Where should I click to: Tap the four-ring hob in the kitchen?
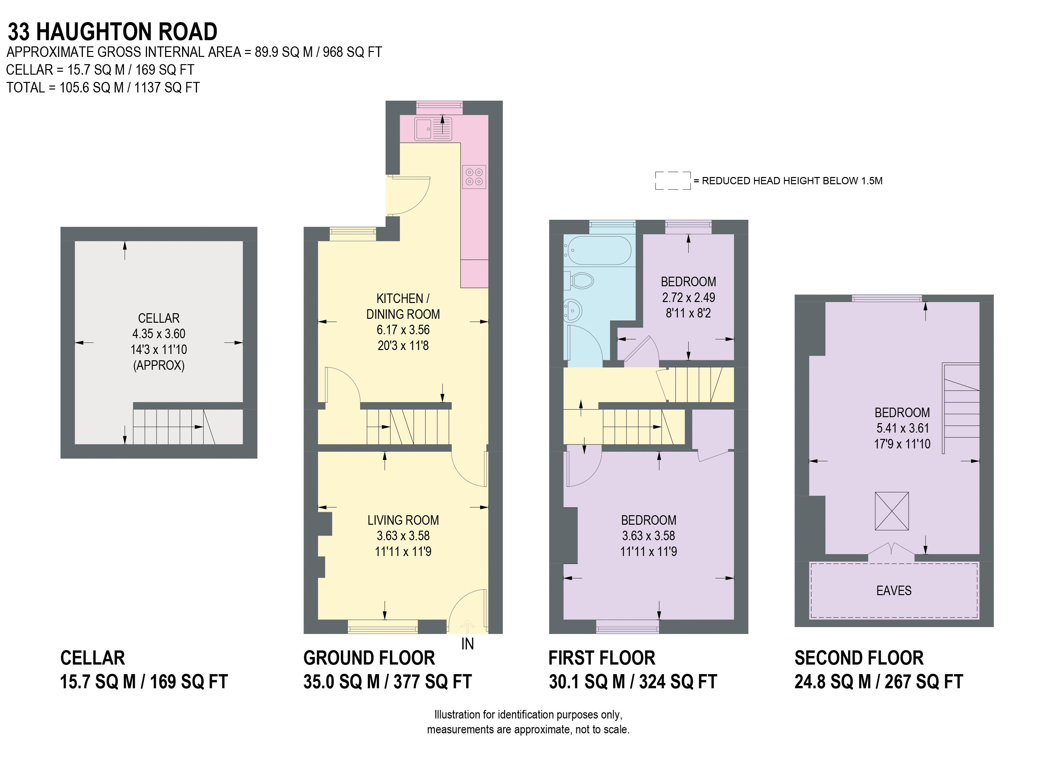coord(474,177)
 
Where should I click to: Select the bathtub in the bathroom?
coord(598,250)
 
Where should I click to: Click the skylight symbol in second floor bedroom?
coord(891,511)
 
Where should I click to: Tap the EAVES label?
coord(893,590)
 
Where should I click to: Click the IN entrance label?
coord(467,644)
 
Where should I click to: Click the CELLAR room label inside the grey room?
coord(159,318)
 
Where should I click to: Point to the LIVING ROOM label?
coord(403,520)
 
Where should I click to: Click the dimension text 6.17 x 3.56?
coord(403,330)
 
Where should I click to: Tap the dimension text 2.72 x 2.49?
coord(688,297)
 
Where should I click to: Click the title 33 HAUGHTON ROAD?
coord(112,32)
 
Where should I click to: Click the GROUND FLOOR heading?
coord(369,658)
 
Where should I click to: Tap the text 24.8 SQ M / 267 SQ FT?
coord(879,681)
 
